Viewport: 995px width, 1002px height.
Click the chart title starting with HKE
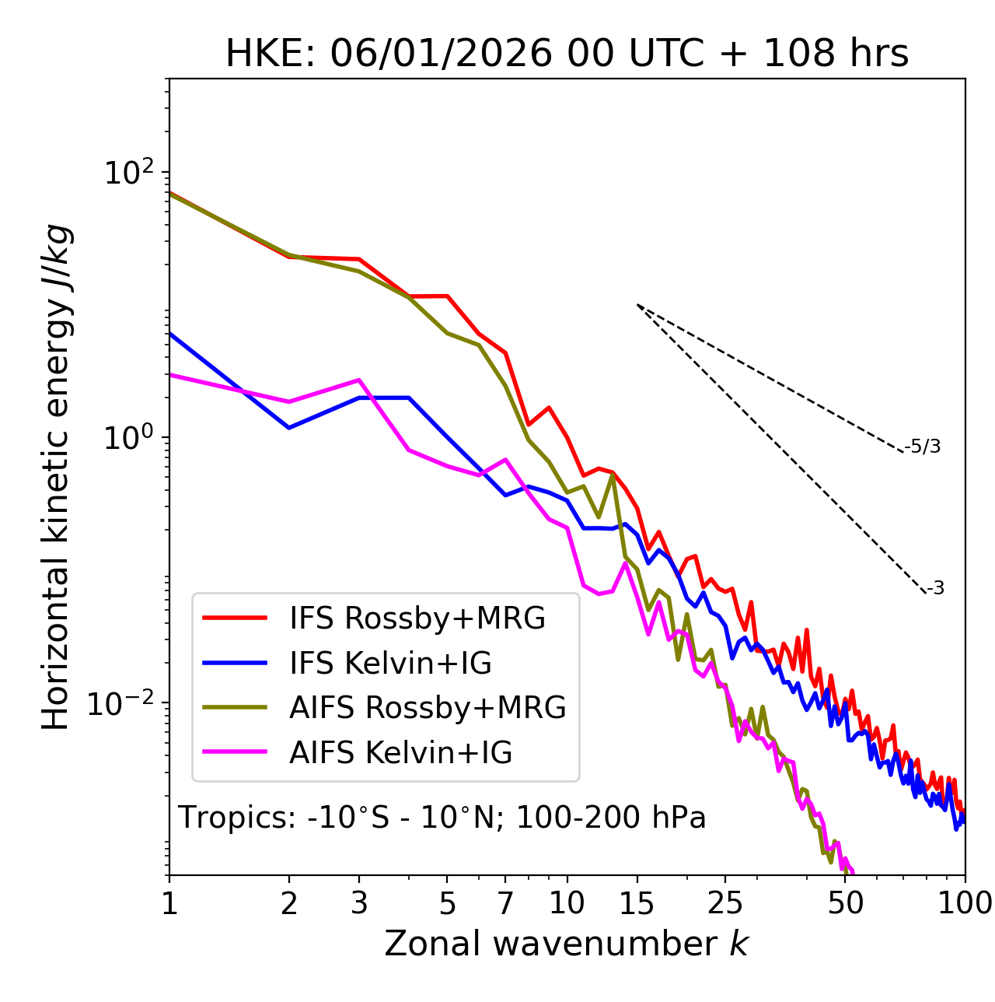567,54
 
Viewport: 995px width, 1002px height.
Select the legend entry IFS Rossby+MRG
417,618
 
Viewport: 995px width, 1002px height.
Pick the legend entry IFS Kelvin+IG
390,663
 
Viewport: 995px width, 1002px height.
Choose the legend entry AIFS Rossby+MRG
427,708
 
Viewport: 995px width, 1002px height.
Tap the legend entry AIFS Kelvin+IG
400,753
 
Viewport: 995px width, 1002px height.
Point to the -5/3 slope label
923,447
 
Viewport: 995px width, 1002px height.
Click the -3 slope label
935,588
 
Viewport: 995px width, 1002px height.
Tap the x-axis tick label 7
505,904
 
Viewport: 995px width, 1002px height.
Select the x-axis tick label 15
637,904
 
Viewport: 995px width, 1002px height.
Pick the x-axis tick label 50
846,904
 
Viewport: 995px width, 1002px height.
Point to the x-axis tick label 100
965,904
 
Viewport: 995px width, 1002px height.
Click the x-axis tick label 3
359,904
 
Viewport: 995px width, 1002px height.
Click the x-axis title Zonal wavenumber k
567,944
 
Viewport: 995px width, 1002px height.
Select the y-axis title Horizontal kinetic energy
56,478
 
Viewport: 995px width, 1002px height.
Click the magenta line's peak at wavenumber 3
358,380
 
